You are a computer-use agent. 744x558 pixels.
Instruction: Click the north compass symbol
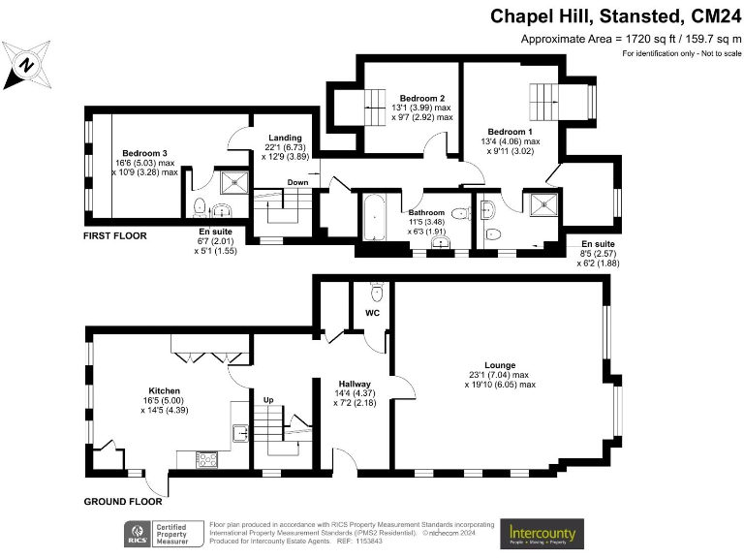pyautogui.click(x=26, y=65)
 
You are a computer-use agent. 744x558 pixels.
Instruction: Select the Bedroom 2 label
pyautogui.click(x=422, y=99)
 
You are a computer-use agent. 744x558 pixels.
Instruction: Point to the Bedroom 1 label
pyautogui.click(x=510, y=132)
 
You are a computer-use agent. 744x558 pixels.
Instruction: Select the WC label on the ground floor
pyautogui.click(x=372, y=314)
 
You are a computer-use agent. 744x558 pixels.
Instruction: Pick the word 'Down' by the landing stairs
pyautogui.click(x=297, y=182)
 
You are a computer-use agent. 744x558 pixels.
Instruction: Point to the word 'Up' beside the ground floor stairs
pyautogui.click(x=268, y=399)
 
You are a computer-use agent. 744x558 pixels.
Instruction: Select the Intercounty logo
pyautogui.click(x=542, y=533)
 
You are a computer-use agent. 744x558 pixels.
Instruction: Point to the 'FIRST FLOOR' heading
pyautogui.click(x=115, y=235)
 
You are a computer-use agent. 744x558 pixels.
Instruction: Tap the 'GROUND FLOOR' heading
pyautogui.click(x=121, y=503)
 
